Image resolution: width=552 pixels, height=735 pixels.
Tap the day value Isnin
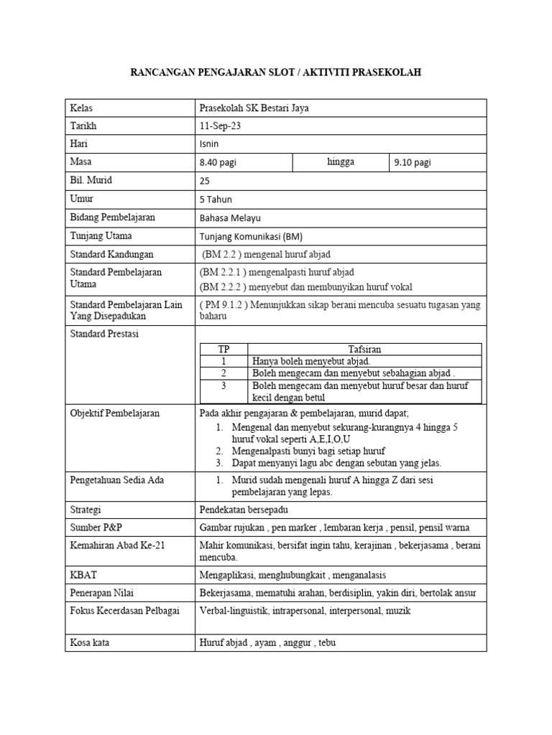click(x=208, y=144)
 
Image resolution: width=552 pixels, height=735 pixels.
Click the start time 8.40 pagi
click(x=218, y=162)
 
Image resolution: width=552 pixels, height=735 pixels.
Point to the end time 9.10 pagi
click(x=413, y=162)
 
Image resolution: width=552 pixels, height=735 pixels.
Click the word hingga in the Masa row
click(x=340, y=161)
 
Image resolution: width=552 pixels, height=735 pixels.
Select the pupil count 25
click(x=205, y=181)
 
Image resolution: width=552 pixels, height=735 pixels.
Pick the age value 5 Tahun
click(x=216, y=199)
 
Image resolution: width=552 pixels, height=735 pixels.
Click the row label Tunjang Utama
click(x=101, y=235)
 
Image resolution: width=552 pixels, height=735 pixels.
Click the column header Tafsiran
click(x=364, y=349)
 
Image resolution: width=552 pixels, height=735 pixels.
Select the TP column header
click(x=224, y=349)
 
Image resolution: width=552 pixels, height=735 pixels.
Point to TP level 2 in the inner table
click(x=224, y=373)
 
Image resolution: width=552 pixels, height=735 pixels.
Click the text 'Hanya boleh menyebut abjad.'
click(x=310, y=361)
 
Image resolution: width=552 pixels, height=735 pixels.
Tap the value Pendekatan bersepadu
click(x=244, y=509)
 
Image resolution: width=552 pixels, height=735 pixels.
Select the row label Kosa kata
click(x=89, y=642)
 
